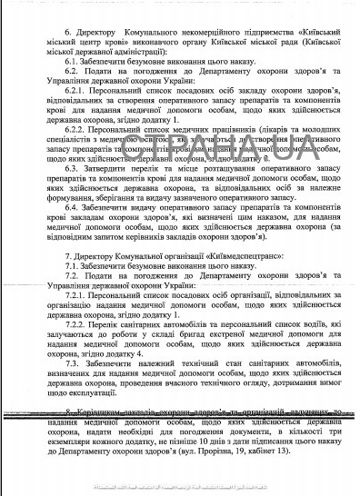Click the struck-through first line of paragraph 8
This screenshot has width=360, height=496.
point(182,411)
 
